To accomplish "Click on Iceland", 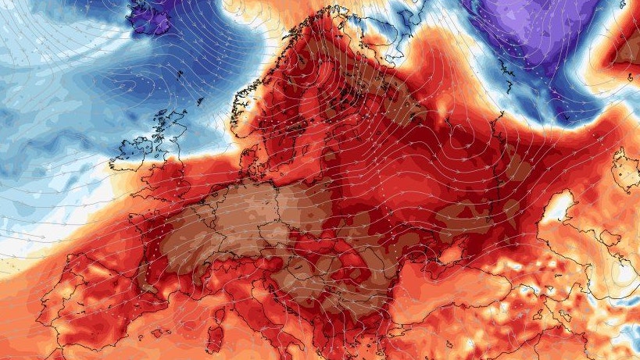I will (x=152, y=17).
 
